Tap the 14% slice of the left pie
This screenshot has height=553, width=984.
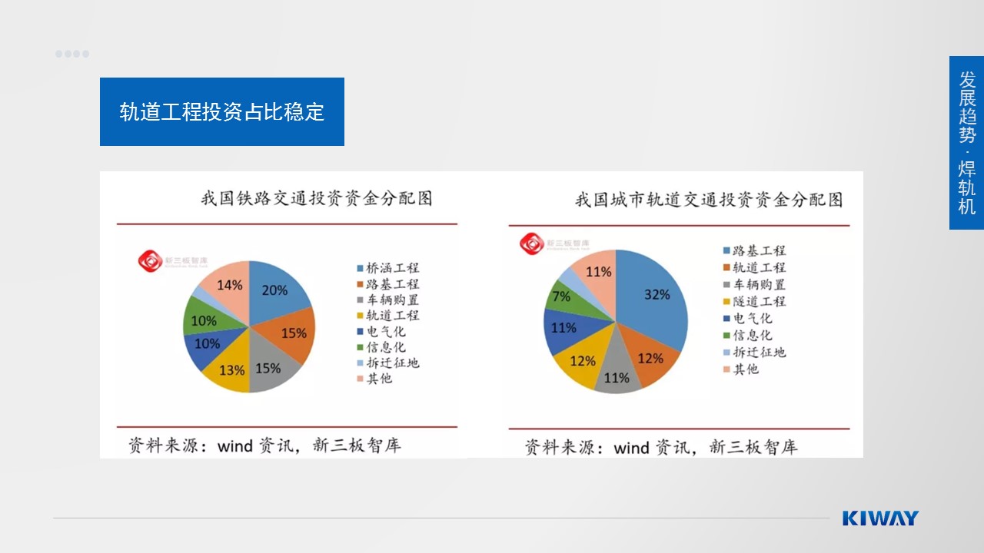229,285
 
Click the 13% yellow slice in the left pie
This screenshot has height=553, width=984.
232,369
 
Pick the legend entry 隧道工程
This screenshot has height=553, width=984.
758,301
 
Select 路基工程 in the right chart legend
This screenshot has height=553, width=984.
758,250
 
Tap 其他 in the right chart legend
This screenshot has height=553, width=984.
745,369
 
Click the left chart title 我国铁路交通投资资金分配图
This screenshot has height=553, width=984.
317,198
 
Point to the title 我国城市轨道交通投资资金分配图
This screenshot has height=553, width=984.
709,200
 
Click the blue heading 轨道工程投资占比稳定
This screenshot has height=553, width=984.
222,112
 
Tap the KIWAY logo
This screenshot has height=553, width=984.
879,518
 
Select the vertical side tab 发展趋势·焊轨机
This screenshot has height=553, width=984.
966,143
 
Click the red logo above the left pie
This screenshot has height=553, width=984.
151,261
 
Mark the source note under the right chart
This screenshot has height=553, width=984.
661,446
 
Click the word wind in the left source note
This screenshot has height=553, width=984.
234,445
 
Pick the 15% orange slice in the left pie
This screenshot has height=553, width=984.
291,333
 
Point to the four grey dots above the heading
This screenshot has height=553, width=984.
72,54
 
